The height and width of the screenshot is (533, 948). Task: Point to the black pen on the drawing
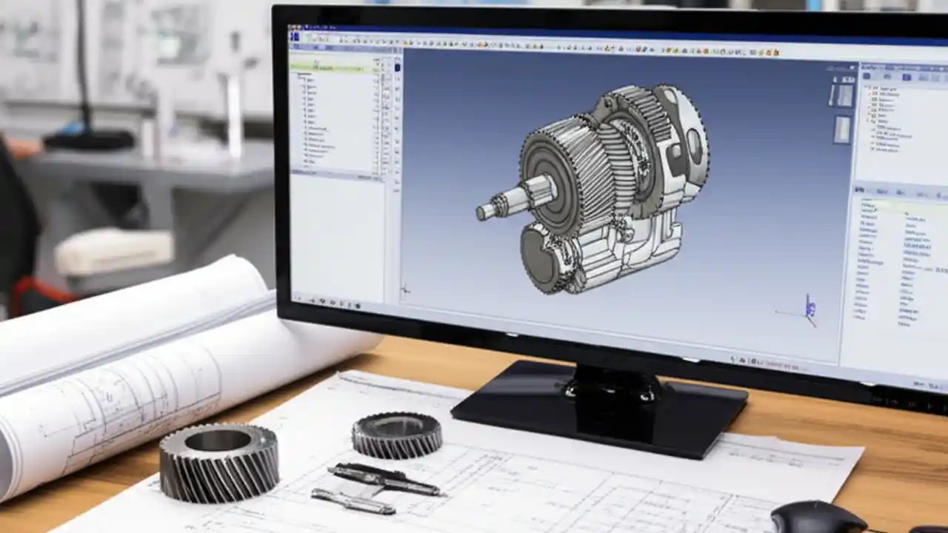point(385,480)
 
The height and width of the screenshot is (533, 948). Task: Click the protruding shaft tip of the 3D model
point(485,212)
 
